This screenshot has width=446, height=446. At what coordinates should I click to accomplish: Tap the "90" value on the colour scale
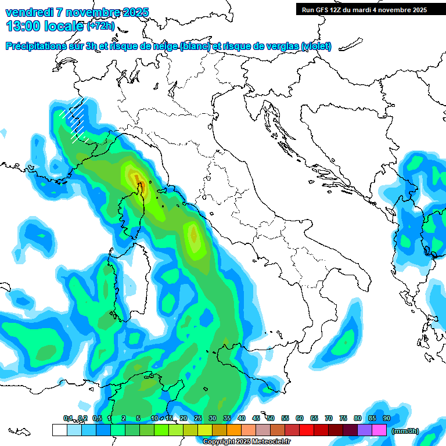click(387, 418)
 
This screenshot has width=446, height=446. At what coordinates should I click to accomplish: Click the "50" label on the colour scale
click(271, 418)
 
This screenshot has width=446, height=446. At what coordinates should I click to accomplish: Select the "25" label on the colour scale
click(198, 418)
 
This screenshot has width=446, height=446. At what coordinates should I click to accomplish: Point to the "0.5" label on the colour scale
click(96, 418)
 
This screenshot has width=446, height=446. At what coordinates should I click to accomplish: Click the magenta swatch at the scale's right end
click(379, 430)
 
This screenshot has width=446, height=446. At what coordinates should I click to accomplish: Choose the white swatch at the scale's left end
click(59, 430)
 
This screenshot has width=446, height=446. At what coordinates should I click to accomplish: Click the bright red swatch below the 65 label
click(307, 430)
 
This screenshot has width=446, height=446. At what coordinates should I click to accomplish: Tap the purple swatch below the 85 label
click(365, 430)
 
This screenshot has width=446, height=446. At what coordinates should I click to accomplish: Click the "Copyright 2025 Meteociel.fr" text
click(246, 441)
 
